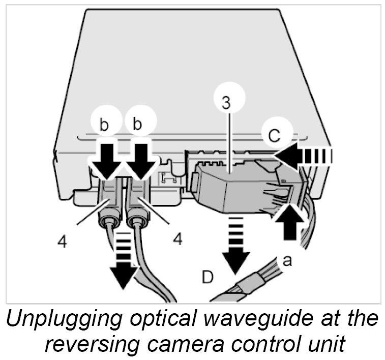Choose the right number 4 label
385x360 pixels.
click(x=177, y=238)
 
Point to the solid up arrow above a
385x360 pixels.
click(x=289, y=222)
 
